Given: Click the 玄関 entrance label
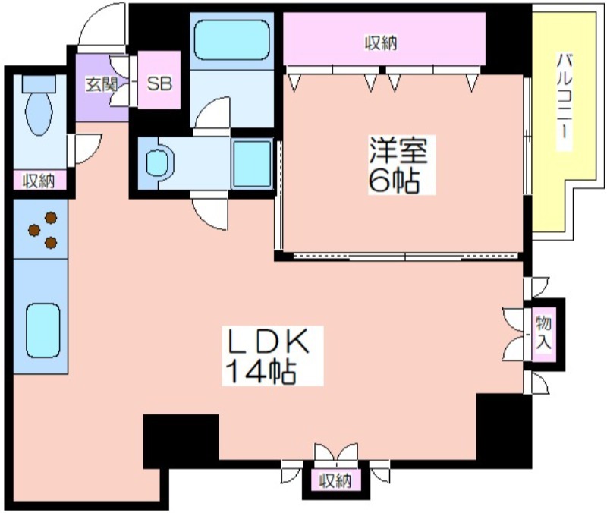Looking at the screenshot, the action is (x=101, y=85).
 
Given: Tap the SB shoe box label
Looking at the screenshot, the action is (x=159, y=83).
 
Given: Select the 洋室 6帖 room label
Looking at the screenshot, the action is (x=399, y=165).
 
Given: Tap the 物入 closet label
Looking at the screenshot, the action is (x=543, y=332).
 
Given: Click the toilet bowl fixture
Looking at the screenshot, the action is (x=39, y=113).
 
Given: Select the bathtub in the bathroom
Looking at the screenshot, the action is (x=231, y=39).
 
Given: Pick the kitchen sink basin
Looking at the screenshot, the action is (x=43, y=330).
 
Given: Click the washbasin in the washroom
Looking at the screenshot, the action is (x=159, y=163).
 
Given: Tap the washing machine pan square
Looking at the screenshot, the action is (x=252, y=164).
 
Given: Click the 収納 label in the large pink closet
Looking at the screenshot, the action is (x=382, y=43).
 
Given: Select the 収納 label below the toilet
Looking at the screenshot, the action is (x=39, y=181).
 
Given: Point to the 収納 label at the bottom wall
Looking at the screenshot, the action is (x=335, y=481).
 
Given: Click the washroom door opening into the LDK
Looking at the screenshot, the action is (x=209, y=210).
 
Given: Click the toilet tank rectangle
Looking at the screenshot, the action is (x=39, y=83).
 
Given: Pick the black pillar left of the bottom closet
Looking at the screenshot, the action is (x=181, y=441).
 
